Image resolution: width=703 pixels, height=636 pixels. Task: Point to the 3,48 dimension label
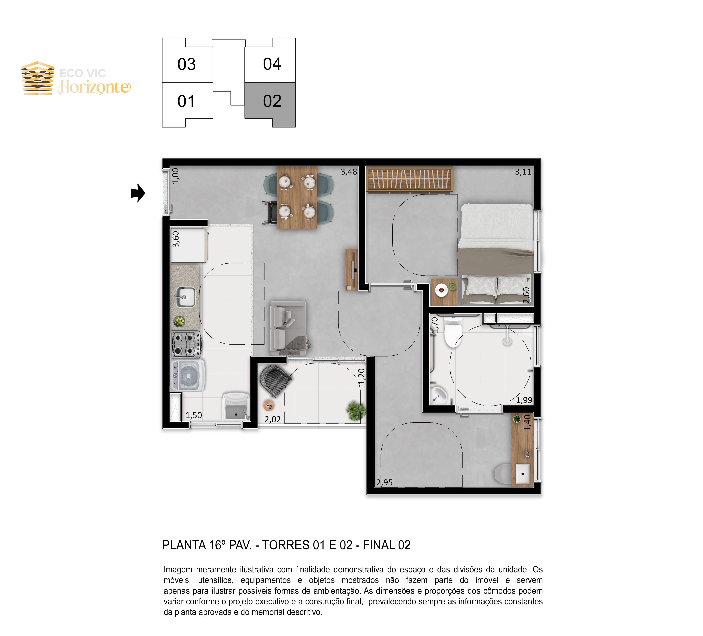click(349, 172)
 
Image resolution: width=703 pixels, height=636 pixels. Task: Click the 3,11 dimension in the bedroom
click(523, 172)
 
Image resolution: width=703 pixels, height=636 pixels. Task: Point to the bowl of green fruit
click(179, 321)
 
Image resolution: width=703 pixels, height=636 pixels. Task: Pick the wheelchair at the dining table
click(270, 212)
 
